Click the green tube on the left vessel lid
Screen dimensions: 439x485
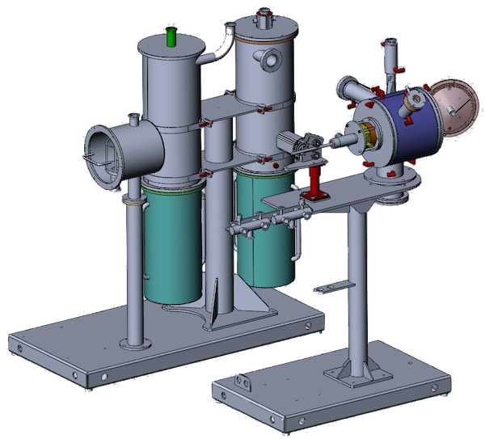coord(171,36)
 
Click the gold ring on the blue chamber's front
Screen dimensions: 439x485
coord(366,137)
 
